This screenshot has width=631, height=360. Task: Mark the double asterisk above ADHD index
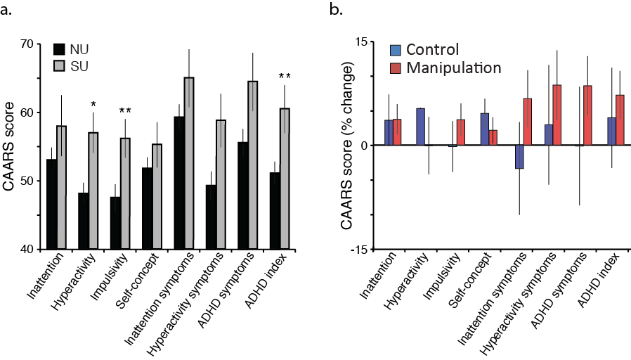tap(284, 77)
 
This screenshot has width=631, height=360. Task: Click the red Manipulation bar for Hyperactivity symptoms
tap(557, 115)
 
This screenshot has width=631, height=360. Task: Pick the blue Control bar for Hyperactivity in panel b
tap(420, 127)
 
